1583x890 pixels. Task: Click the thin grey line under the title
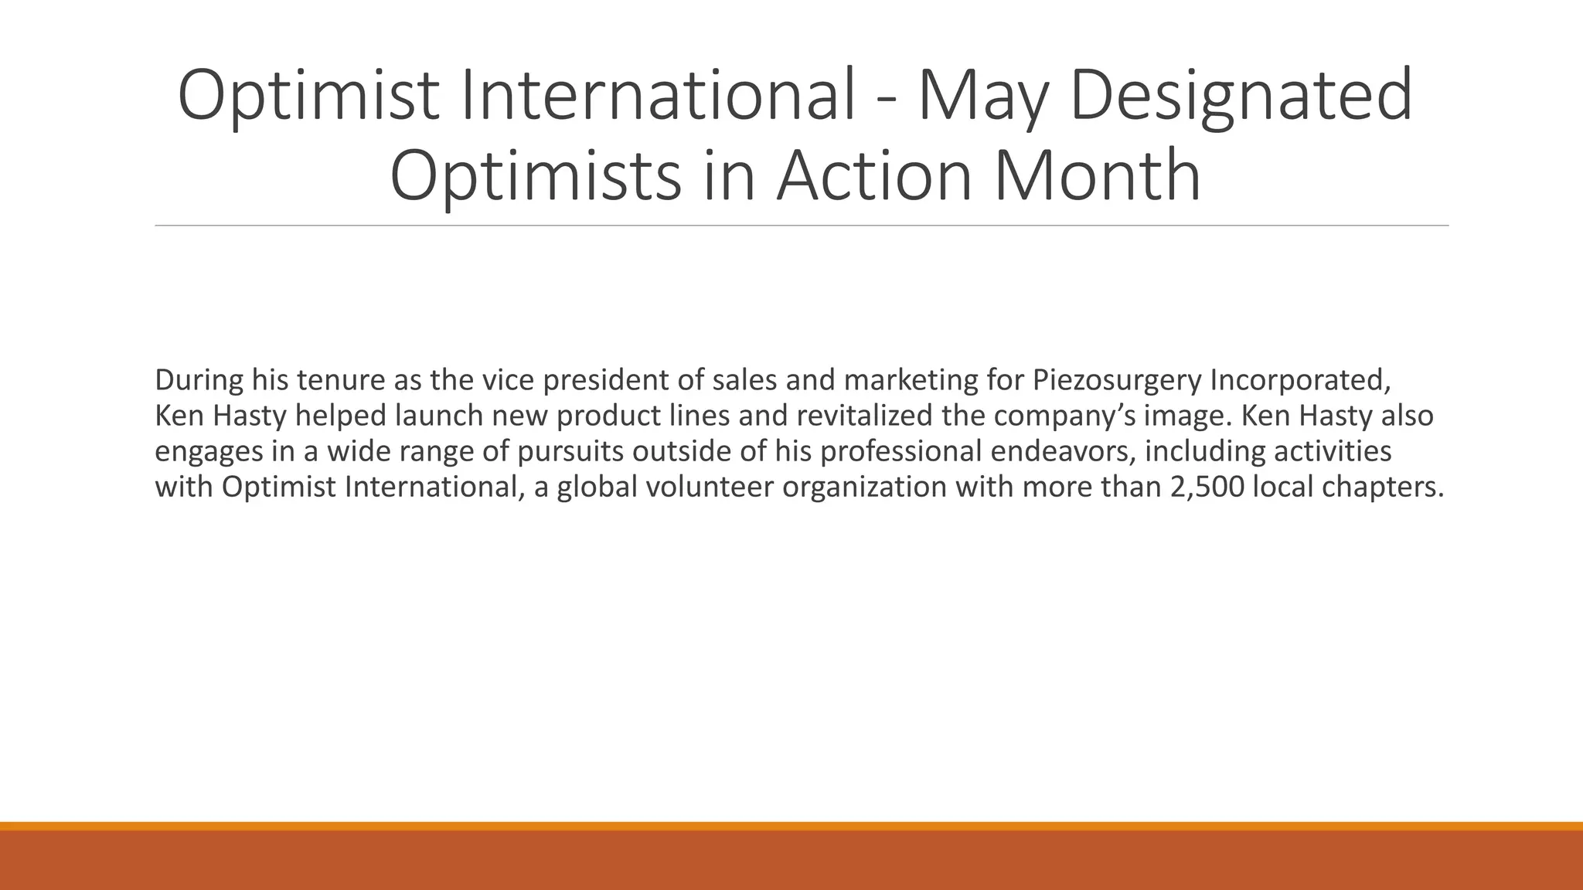(802, 226)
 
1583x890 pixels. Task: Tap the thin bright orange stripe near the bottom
(791, 826)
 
